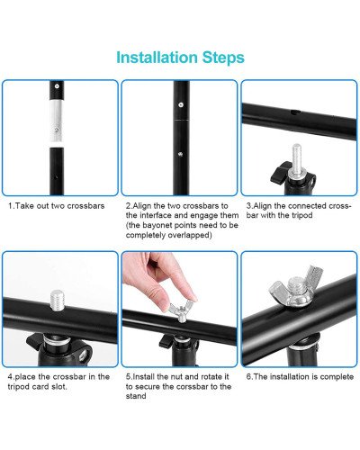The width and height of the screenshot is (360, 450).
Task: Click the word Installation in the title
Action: pyautogui.click(x=157, y=58)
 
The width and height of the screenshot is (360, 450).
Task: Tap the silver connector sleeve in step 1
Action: pyautogui.click(x=57, y=122)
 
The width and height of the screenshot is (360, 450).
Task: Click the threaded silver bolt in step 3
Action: pyautogui.click(x=296, y=161)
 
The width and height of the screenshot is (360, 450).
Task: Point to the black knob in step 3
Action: pyautogui.click(x=280, y=173)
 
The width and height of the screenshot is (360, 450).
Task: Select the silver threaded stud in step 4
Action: pyautogui.click(x=57, y=300)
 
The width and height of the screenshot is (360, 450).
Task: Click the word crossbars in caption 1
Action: pyautogui.click(x=85, y=206)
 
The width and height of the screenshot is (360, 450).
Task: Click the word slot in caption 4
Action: pyautogui.click(x=60, y=386)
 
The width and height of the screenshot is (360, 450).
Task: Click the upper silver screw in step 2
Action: pyautogui.click(x=181, y=104)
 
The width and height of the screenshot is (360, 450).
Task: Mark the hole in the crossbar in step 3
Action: pyautogui.click(x=295, y=112)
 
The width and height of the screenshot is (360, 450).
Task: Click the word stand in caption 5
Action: pyautogui.click(x=136, y=396)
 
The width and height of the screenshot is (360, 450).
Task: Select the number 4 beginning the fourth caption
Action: pyautogui.click(x=10, y=377)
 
